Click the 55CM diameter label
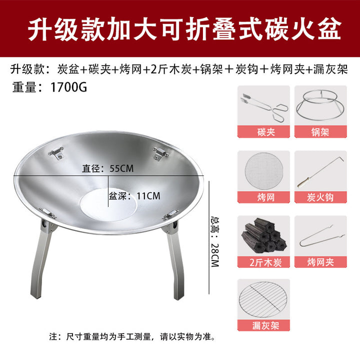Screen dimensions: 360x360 point(108,168)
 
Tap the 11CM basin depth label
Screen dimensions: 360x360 point(134,196)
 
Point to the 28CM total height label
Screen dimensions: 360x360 point(215,241)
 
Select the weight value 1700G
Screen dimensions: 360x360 point(68,87)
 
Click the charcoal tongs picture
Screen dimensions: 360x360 point(264,107)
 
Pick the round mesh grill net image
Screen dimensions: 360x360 point(264,171)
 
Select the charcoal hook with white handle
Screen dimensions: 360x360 point(320,172)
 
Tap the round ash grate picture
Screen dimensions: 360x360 point(263,299)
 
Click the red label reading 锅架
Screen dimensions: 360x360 point(320,132)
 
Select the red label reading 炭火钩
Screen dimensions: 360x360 point(320,197)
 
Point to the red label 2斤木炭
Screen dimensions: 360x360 point(263,262)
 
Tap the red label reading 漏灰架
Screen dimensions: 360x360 point(263,325)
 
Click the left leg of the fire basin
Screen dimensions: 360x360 point(42,259)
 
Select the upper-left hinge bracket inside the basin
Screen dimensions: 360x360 point(56,152)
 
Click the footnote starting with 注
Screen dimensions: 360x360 point(132,337)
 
